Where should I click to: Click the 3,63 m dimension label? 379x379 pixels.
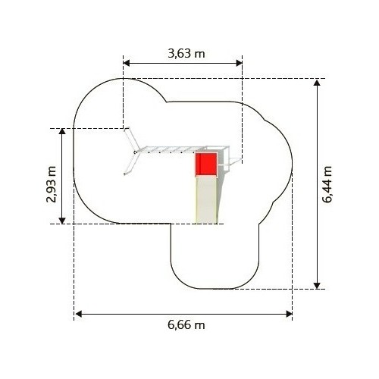pos(186,54)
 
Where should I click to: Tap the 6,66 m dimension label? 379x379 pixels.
pos(186,324)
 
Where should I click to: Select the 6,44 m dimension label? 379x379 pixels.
pos(327,184)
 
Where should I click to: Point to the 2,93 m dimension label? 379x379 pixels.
pos(52,184)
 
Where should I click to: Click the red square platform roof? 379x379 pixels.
pos(206,164)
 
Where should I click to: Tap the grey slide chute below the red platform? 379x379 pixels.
pos(206,199)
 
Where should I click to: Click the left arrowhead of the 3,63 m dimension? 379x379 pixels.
pos(127,63)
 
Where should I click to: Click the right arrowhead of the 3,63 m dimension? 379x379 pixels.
pos(239,63)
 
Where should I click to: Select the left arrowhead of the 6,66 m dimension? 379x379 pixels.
pos(78,314)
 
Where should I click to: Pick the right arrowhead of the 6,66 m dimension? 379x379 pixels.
pos(289,314)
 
